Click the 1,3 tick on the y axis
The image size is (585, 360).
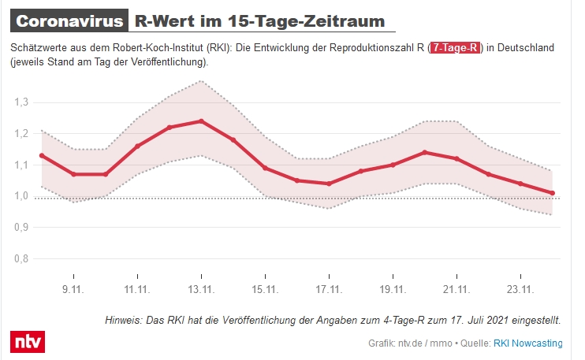(x=21, y=102)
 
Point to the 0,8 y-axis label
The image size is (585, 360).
(x=21, y=258)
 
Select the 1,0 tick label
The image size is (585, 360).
(x=21, y=196)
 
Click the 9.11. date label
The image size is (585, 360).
(x=73, y=289)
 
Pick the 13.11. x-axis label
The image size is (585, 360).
(x=202, y=289)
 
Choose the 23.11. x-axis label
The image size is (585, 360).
(x=520, y=289)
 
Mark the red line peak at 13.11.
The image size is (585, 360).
(x=202, y=121)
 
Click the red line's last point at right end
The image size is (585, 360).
(x=553, y=193)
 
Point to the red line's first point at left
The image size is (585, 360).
(x=41, y=155)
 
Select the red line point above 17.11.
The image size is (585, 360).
(x=329, y=184)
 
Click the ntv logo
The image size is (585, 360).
(x=28, y=342)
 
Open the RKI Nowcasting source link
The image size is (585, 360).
(x=528, y=343)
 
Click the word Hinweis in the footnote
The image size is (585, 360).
(x=125, y=321)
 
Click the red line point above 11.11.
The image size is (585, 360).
(x=137, y=146)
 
